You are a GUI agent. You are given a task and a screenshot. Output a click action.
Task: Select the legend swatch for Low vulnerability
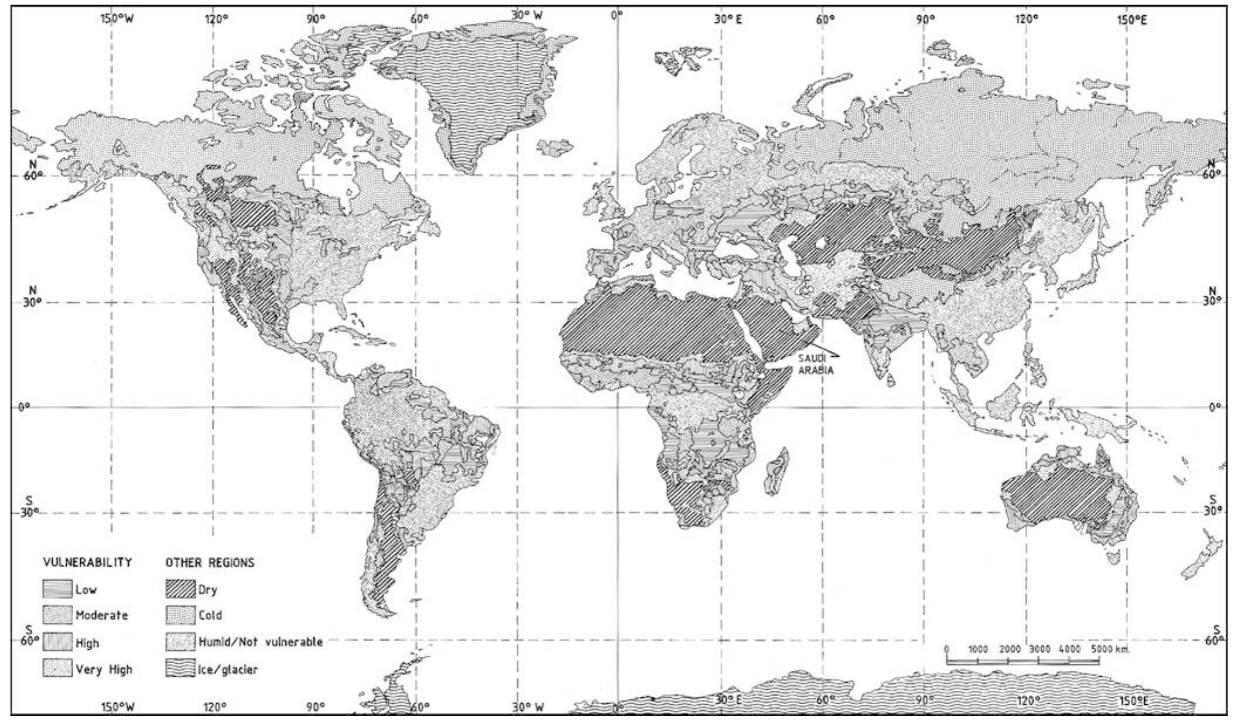(57, 589)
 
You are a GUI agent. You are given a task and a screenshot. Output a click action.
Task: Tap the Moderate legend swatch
(57, 615)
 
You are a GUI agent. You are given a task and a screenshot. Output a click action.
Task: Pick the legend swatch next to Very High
(57, 669)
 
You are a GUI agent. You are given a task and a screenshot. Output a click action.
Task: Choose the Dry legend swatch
(180, 589)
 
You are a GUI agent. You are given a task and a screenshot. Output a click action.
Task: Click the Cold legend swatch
(180, 615)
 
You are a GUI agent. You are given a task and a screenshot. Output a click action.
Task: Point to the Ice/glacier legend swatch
(180, 669)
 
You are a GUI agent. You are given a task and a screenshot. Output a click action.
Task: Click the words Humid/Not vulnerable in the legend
(260, 642)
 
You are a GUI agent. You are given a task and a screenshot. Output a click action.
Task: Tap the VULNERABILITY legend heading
(88, 562)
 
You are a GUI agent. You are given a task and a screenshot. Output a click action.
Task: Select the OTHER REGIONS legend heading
(210, 562)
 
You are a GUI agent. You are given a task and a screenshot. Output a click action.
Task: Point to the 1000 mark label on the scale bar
(978, 649)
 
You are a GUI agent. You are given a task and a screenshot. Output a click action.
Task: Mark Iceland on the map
(555, 146)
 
